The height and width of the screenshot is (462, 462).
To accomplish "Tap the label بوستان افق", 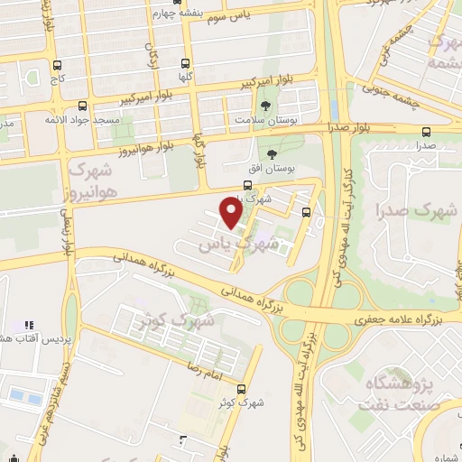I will (272, 169).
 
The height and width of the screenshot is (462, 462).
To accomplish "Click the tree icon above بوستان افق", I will (272, 152).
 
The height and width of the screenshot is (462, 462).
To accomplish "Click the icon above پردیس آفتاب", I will (28, 323).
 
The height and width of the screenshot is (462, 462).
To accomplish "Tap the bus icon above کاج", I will (58, 65).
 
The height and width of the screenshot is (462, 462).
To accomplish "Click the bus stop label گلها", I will (185, 79).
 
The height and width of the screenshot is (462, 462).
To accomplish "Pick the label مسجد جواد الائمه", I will (82, 119).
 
